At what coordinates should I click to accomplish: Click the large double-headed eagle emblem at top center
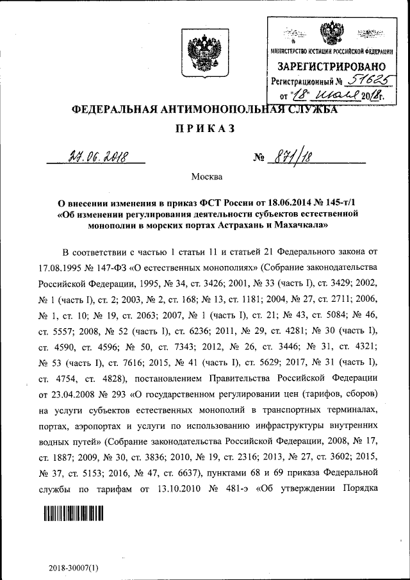pos(205,54)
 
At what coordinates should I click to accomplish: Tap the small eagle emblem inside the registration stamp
pos(331,34)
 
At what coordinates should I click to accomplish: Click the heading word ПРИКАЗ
pos(205,128)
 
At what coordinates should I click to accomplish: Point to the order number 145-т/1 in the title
pos(343,203)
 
